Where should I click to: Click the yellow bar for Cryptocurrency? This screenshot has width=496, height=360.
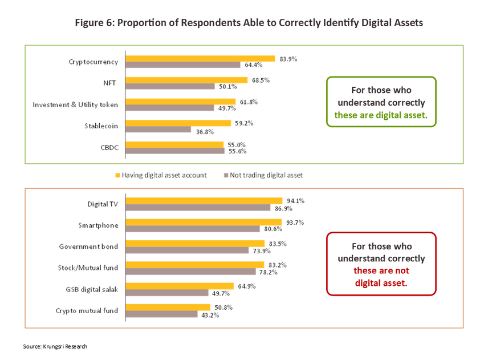(x=200, y=58)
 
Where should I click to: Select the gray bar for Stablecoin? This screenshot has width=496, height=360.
(x=158, y=130)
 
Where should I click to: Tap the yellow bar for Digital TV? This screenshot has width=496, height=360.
(x=204, y=200)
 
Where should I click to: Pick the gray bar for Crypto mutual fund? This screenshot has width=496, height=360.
(x=161, y=314)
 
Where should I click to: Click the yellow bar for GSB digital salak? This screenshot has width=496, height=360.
(x=180, y=286)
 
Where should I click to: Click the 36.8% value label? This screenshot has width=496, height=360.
(x=204, y=131)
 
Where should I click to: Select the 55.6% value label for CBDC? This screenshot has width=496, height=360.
(x=238, y=152)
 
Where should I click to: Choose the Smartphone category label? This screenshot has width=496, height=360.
(x=98, y=225)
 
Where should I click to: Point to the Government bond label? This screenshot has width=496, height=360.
(x=88, y=246)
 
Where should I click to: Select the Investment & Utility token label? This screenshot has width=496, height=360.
(x=75, y=104)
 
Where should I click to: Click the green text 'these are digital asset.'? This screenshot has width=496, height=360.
(x=381, y=115)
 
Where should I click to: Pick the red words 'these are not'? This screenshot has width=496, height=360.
(x=381, y=270)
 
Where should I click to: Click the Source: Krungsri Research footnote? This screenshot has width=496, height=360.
(x=55, y=346)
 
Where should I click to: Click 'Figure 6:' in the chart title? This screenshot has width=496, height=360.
(x=95, y=23)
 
